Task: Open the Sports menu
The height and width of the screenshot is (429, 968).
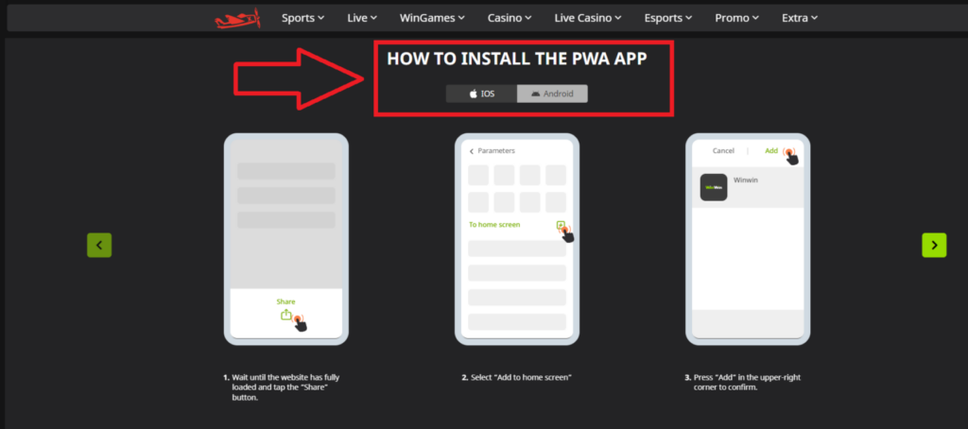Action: point(302,18)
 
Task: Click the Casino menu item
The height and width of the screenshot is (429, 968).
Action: point(509,18)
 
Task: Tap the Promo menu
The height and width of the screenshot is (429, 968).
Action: point(737,18)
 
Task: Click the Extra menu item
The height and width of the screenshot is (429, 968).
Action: point(800,18)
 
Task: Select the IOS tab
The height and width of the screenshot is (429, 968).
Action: point(482,94)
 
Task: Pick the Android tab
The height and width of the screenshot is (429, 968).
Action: point(552,94)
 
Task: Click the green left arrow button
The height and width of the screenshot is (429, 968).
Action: point(99,245)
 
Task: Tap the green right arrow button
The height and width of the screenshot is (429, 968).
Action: point(934,245)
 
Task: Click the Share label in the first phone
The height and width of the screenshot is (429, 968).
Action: point(285,301)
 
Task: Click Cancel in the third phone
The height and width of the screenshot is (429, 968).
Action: point(723,150)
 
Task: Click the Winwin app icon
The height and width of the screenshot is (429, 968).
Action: point(714,187)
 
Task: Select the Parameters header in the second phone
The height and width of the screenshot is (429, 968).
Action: point(495,150)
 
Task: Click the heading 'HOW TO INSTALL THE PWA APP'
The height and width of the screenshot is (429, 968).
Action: point(516,59)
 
